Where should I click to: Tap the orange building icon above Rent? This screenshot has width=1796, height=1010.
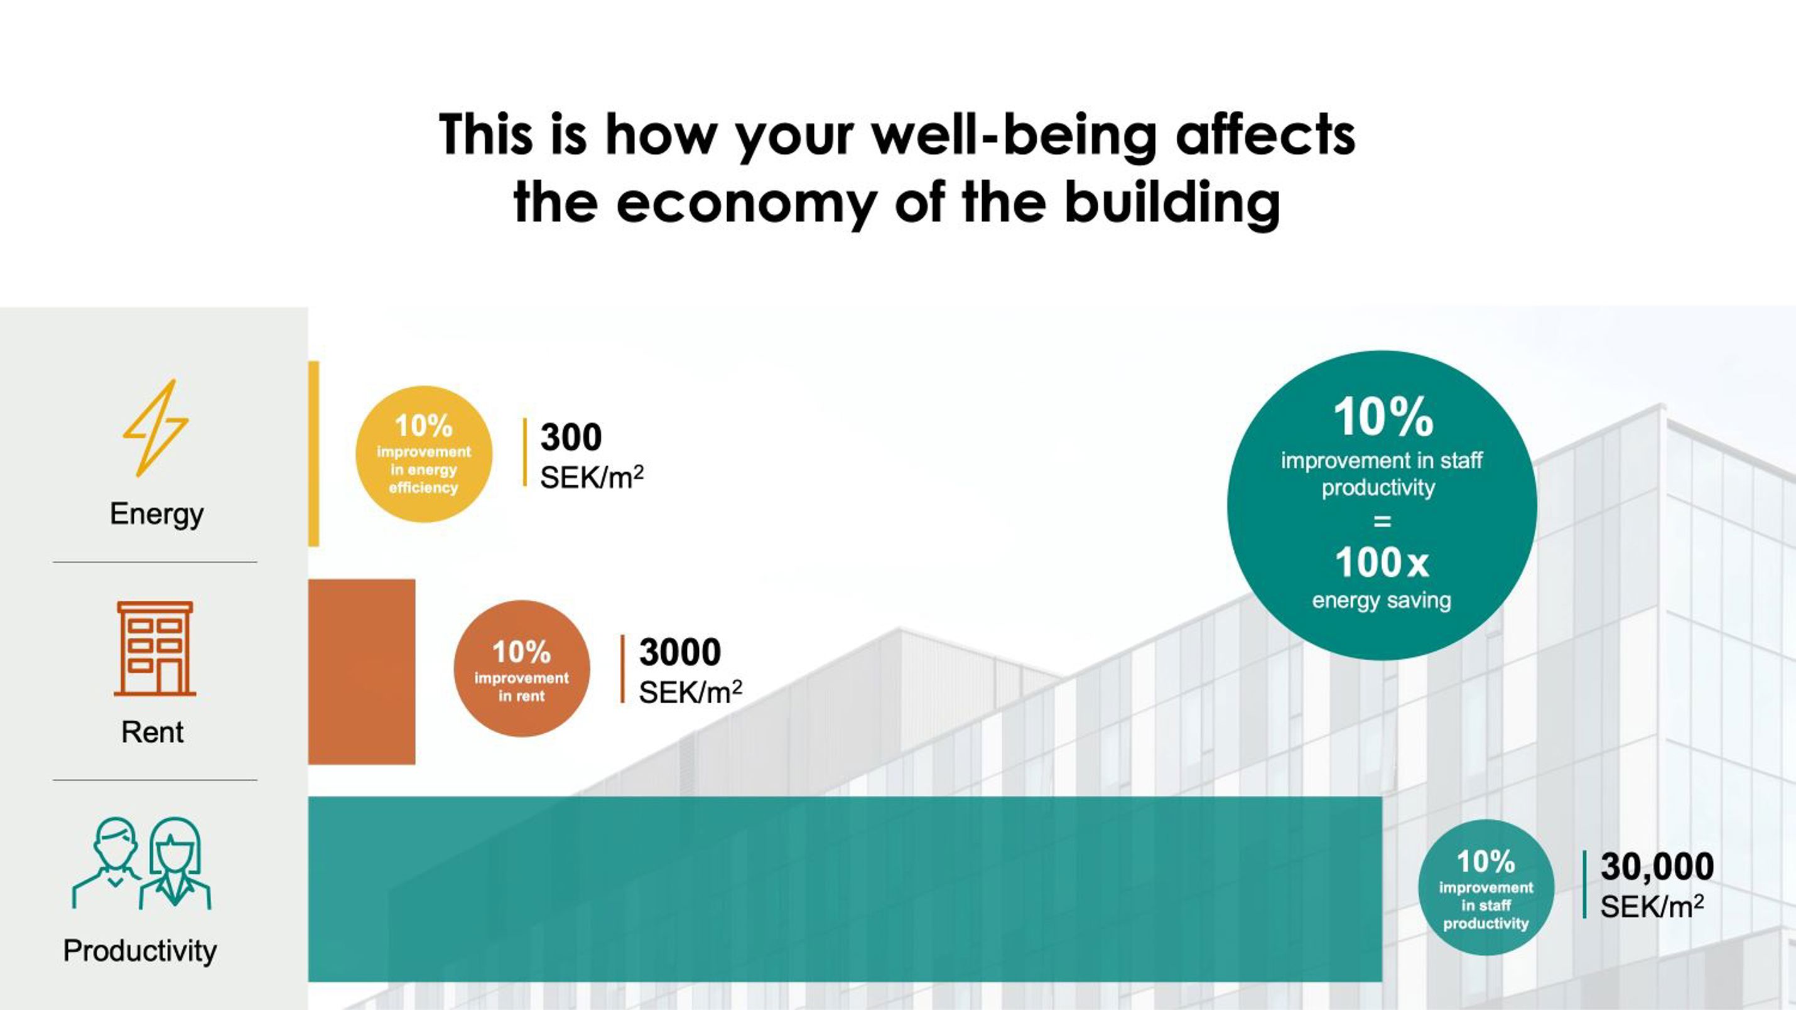tap(154, 649)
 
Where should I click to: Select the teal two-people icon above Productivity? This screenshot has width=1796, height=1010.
tap(141, 863)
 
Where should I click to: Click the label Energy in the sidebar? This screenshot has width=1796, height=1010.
tap(157, 514)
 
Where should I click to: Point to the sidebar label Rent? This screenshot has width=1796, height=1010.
tap(153, 733)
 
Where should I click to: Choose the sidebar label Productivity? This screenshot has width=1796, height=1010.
tap(140, 952)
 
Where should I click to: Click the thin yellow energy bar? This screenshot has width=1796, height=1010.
tap(314, 454)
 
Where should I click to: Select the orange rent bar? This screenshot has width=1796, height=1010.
tap(362, 672)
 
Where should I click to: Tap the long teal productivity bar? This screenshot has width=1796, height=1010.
tap(845, 889)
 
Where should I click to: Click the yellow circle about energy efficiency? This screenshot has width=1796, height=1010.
tap(424, 454)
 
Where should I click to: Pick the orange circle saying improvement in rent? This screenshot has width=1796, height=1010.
tap(521, 669)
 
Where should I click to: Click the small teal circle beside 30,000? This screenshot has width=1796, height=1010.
tap(1486, 888)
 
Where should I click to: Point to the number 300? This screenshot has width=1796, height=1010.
tap(571, 437)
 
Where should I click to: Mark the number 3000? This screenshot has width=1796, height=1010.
tap(679, 652)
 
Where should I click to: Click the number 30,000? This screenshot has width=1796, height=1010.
tap(1657, 866)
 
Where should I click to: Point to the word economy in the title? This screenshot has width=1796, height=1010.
tap(746, 203)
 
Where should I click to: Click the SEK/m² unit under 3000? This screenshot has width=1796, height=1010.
tap(690, 692)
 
